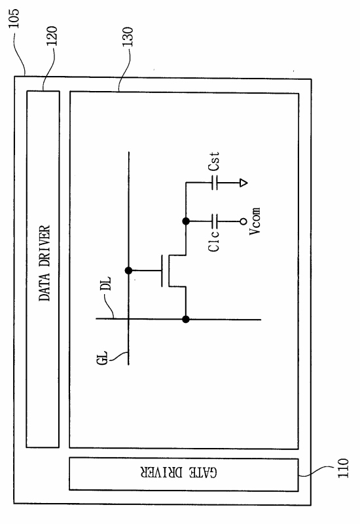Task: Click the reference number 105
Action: coord(14,18)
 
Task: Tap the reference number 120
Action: coord(52,36)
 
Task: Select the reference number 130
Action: coord(128,37)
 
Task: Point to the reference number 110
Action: coord(342,468)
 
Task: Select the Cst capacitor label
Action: coord(214,161)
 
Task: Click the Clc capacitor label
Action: coord(214,240)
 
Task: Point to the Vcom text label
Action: coord(255,221)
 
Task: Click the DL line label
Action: coord(106,284)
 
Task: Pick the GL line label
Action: coord(103,358)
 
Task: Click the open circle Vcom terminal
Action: coord(243,221)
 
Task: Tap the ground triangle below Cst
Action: coord(243,183)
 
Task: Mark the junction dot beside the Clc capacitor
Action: coord(186,221)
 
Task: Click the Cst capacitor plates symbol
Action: coord(215,183)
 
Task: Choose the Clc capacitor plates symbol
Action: coord(215,221)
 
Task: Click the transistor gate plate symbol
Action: coord(162,271)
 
